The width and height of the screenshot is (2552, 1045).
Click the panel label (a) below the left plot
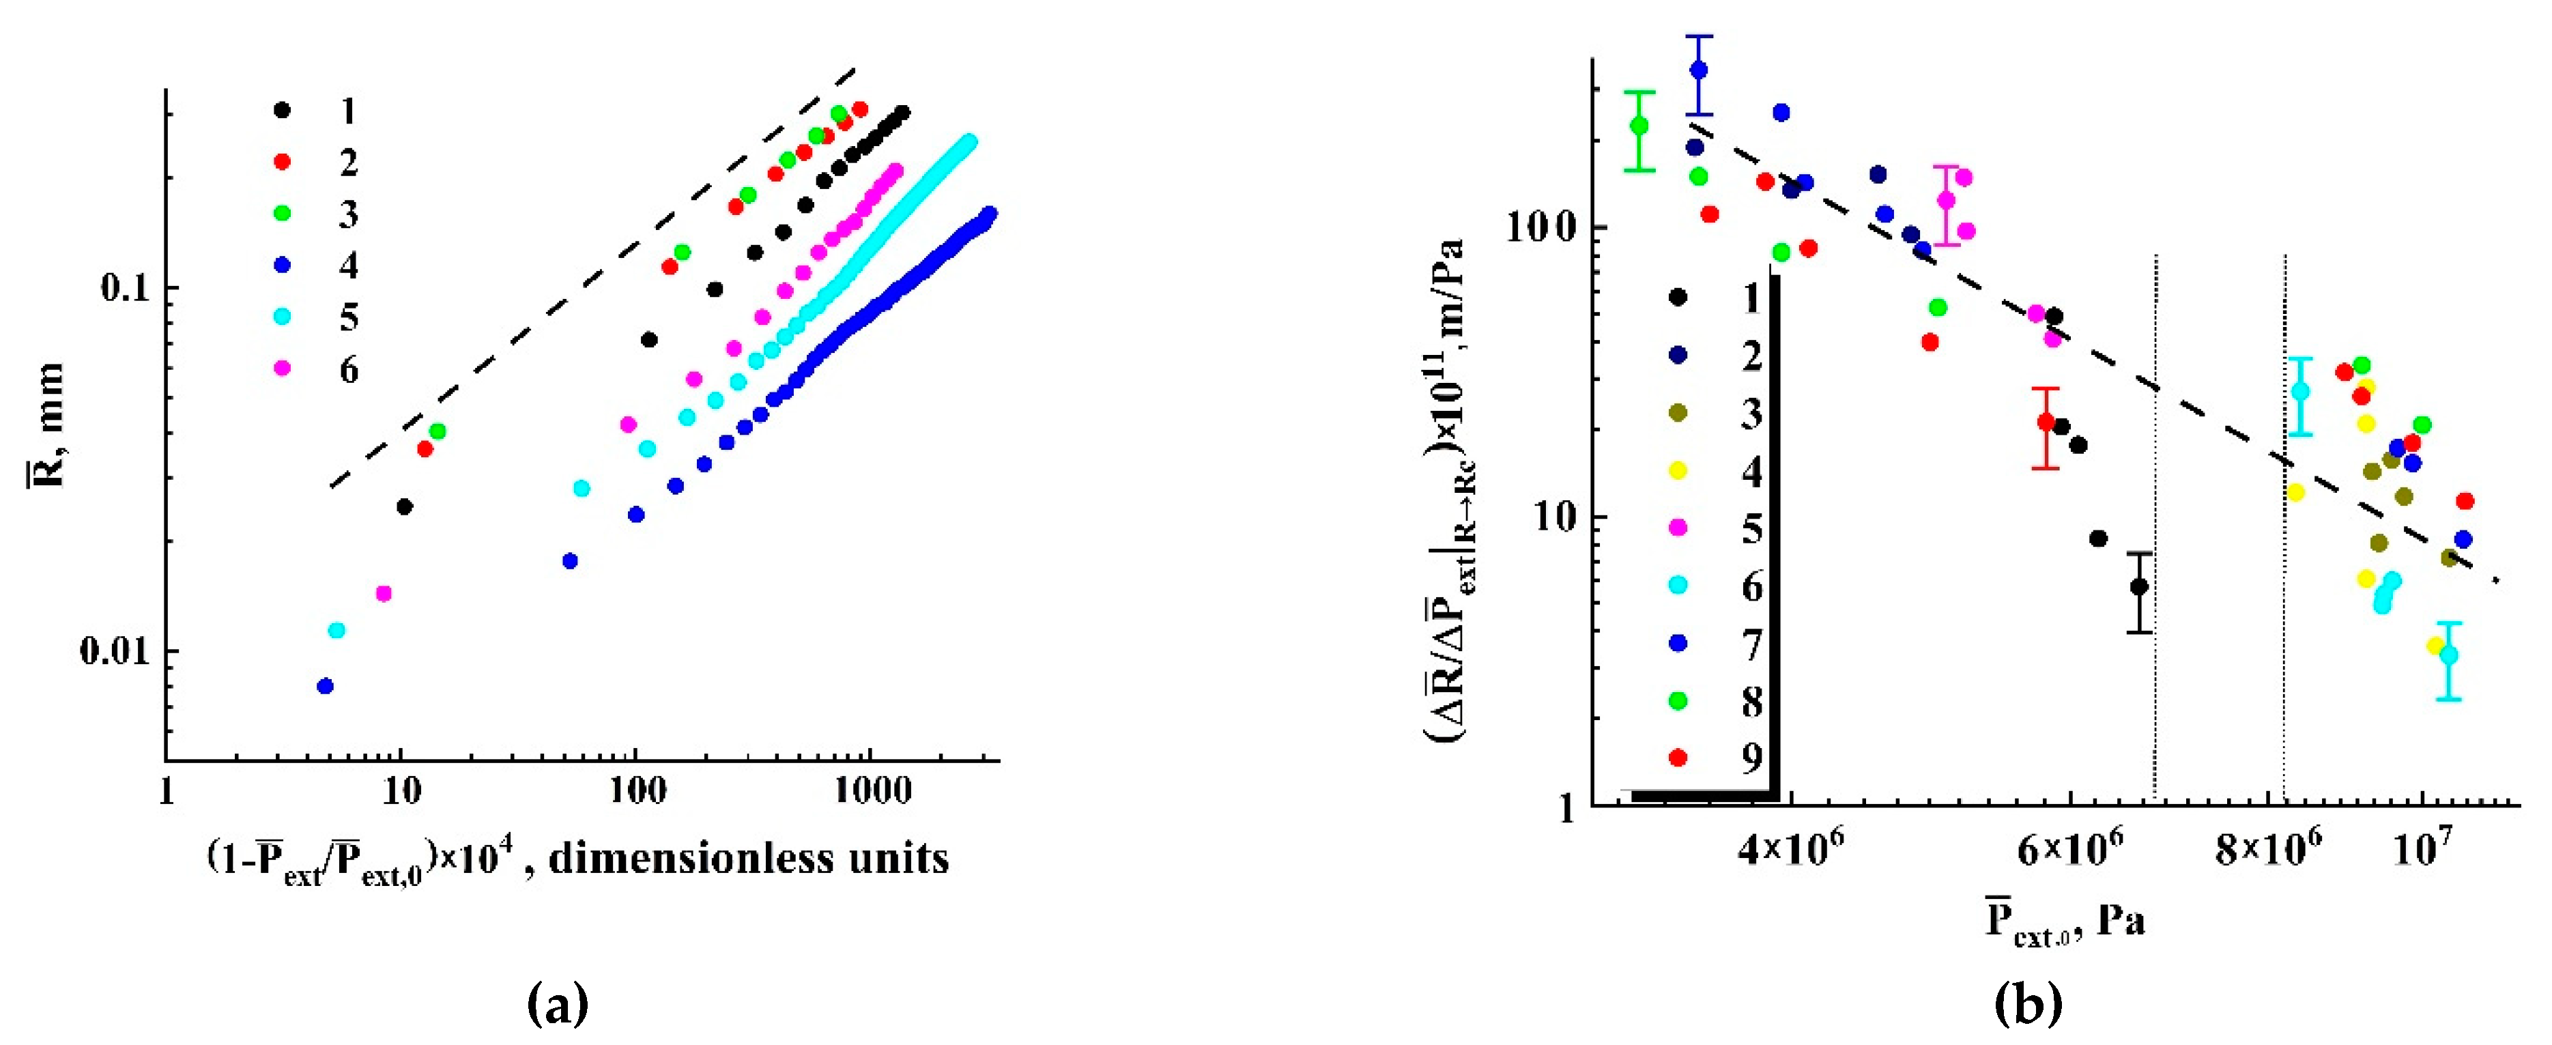click(560, 1003)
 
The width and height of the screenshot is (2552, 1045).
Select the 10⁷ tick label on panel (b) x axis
click(2422, 849)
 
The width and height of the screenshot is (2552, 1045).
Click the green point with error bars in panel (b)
click(1639, 126)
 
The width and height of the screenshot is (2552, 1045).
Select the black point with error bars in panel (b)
click(2139, 586)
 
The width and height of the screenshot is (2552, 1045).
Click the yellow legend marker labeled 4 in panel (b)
click(1678, 470)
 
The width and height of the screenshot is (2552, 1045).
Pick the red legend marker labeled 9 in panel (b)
click(1678, 758)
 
